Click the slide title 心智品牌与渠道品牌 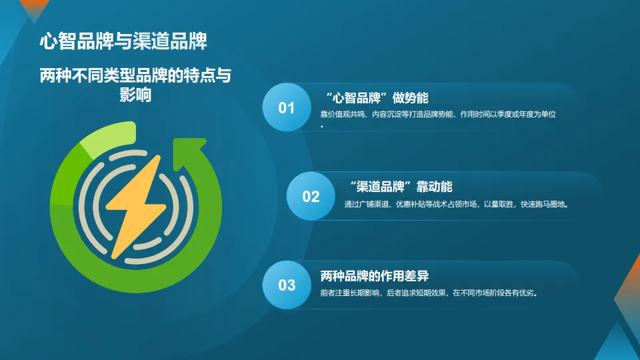123,41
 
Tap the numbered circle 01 287,107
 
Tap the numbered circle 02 311,196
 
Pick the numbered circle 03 287,285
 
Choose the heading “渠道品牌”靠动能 401,187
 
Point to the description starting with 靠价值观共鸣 438,114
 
